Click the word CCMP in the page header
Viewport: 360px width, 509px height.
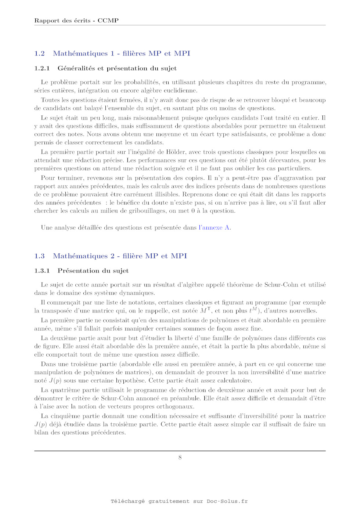(108, 21)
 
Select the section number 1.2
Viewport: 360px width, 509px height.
(39, 54)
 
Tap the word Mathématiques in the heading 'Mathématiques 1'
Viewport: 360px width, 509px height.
(80, 54)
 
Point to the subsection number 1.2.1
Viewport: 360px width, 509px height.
(42, 68)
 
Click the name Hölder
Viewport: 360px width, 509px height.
(176, 152)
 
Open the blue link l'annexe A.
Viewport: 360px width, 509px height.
(215, 228)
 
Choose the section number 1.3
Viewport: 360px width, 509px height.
(39, 256)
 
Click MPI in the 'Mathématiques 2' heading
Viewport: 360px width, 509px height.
(179, 256)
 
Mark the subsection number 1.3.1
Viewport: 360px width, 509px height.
(42, 271)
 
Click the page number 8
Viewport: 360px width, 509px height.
(180, 457)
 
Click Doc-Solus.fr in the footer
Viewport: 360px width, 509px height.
(227, 501)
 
